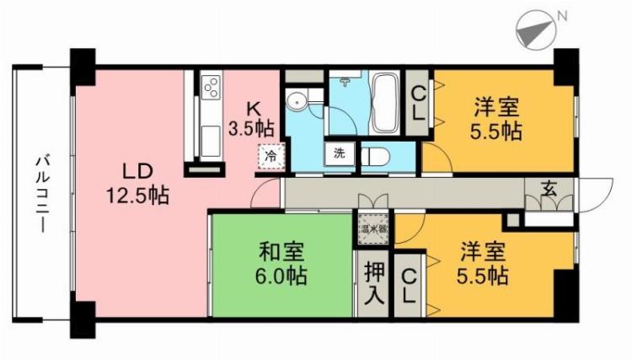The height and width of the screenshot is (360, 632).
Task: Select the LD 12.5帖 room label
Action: click(136, 183)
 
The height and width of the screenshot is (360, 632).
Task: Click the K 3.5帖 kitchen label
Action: click(250, 119)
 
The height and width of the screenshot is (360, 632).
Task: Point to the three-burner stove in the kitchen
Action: click(212, 87)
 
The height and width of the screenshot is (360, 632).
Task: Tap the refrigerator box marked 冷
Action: click(271, 156)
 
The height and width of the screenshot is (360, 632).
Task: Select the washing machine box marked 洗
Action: click(339, 154)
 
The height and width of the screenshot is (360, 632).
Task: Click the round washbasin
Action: click(296, 103)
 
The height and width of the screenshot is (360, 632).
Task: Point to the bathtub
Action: click(386, 105)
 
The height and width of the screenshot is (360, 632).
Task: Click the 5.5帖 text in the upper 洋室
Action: click(495, 132)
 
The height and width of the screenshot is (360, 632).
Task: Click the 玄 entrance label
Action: click(549, 188)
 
